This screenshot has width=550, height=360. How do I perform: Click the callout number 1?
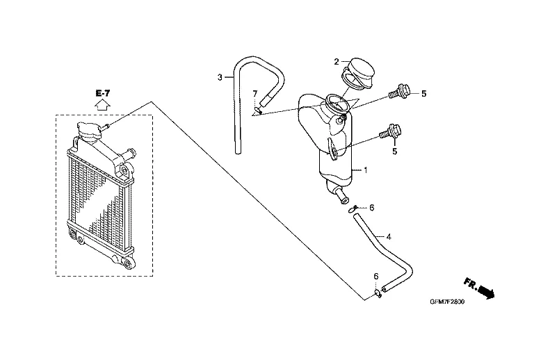pyautogui.click(x=366, y=170)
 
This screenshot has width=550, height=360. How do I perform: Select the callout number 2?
pyautogui.click(x=336, y=60)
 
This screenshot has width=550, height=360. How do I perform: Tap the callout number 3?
pyautogui.click(x=220, y=76)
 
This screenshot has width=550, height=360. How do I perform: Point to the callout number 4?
pyautogui.click(x=389, y=236)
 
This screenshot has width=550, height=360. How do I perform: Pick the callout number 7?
pyautogui.click(x=255, y=93)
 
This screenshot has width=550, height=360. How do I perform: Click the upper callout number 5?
pyautogui.click(x=423, y=93)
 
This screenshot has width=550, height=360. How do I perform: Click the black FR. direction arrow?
pyautogui.click(x=485, y=291)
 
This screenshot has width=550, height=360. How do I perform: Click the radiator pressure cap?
pyautogui.click(x=88, y=129)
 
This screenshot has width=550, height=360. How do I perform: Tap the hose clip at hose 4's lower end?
pyautogui.click(x=379, y=293)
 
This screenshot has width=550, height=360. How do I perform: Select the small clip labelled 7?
pyautogui.click(x=257, y=109)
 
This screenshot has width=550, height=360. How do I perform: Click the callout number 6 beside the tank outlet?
pyautogui.click(x=372, y=208)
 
